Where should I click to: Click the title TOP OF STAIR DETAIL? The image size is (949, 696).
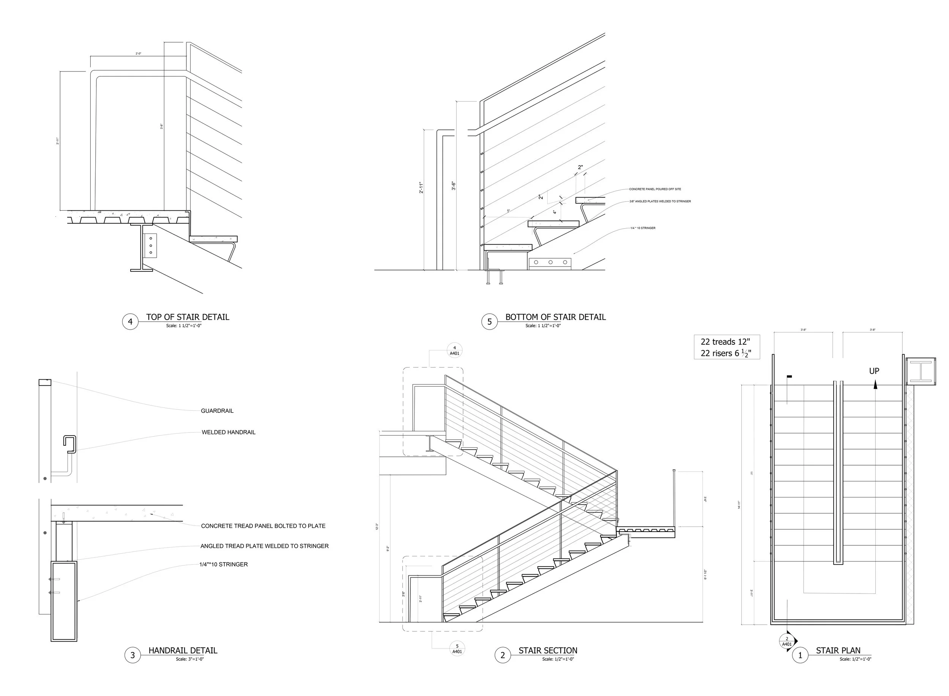click(x=188, y=317)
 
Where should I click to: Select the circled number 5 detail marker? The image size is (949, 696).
click(x=489, y=322)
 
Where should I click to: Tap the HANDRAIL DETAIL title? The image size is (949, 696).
click(x=183, y=650)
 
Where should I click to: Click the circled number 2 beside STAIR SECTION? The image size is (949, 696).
click(x=502, y=655)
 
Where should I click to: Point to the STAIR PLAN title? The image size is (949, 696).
click(x=838, y=650)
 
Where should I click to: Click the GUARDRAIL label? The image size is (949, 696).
click(x=217, y=411)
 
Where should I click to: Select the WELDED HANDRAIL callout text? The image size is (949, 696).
click(x=228, y=432)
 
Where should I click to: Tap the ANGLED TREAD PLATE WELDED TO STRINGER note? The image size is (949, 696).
click(x=264, y=546)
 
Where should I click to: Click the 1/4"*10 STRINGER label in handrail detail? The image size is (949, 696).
click(x=223, y=565)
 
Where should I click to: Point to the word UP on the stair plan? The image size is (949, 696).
click(x=874, y=371)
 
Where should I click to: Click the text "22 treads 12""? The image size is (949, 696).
click(x=725, y=342)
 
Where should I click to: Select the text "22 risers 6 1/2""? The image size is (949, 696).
click(x=726, y=353)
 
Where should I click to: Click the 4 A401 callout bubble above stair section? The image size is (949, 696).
click(x=454, y=350)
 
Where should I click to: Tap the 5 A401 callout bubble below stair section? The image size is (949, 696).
click(x=457, y=649)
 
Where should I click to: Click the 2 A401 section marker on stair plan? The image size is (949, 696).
click(x=787, y=642)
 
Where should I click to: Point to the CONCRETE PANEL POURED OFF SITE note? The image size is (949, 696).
click(x=655, y=189)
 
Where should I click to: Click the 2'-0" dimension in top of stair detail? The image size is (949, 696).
click(x=138, y=54)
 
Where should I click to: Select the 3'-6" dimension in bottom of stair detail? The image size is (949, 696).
click(x=454, y=186)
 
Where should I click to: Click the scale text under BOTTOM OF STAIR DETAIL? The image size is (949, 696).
click(x=542, y=326)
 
